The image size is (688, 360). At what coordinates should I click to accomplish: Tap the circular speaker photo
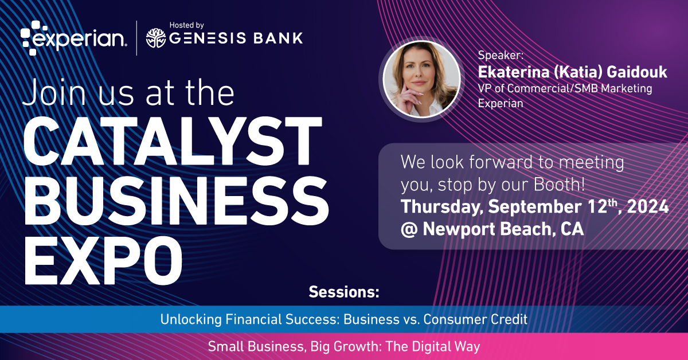421,80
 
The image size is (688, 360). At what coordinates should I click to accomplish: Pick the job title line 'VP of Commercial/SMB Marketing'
565,89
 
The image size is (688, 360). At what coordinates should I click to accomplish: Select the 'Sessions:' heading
344,292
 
